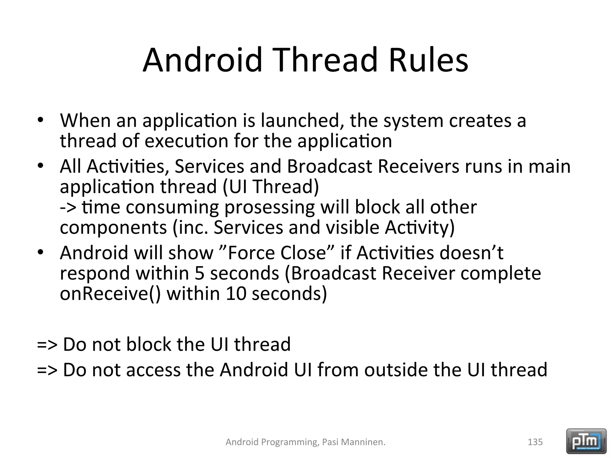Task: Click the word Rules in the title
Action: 428,60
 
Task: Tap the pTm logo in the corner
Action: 586,441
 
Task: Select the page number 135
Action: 535,442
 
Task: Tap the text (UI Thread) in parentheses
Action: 271,187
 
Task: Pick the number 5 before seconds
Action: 199,273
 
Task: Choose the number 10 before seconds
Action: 236,294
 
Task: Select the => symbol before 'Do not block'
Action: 47,345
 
